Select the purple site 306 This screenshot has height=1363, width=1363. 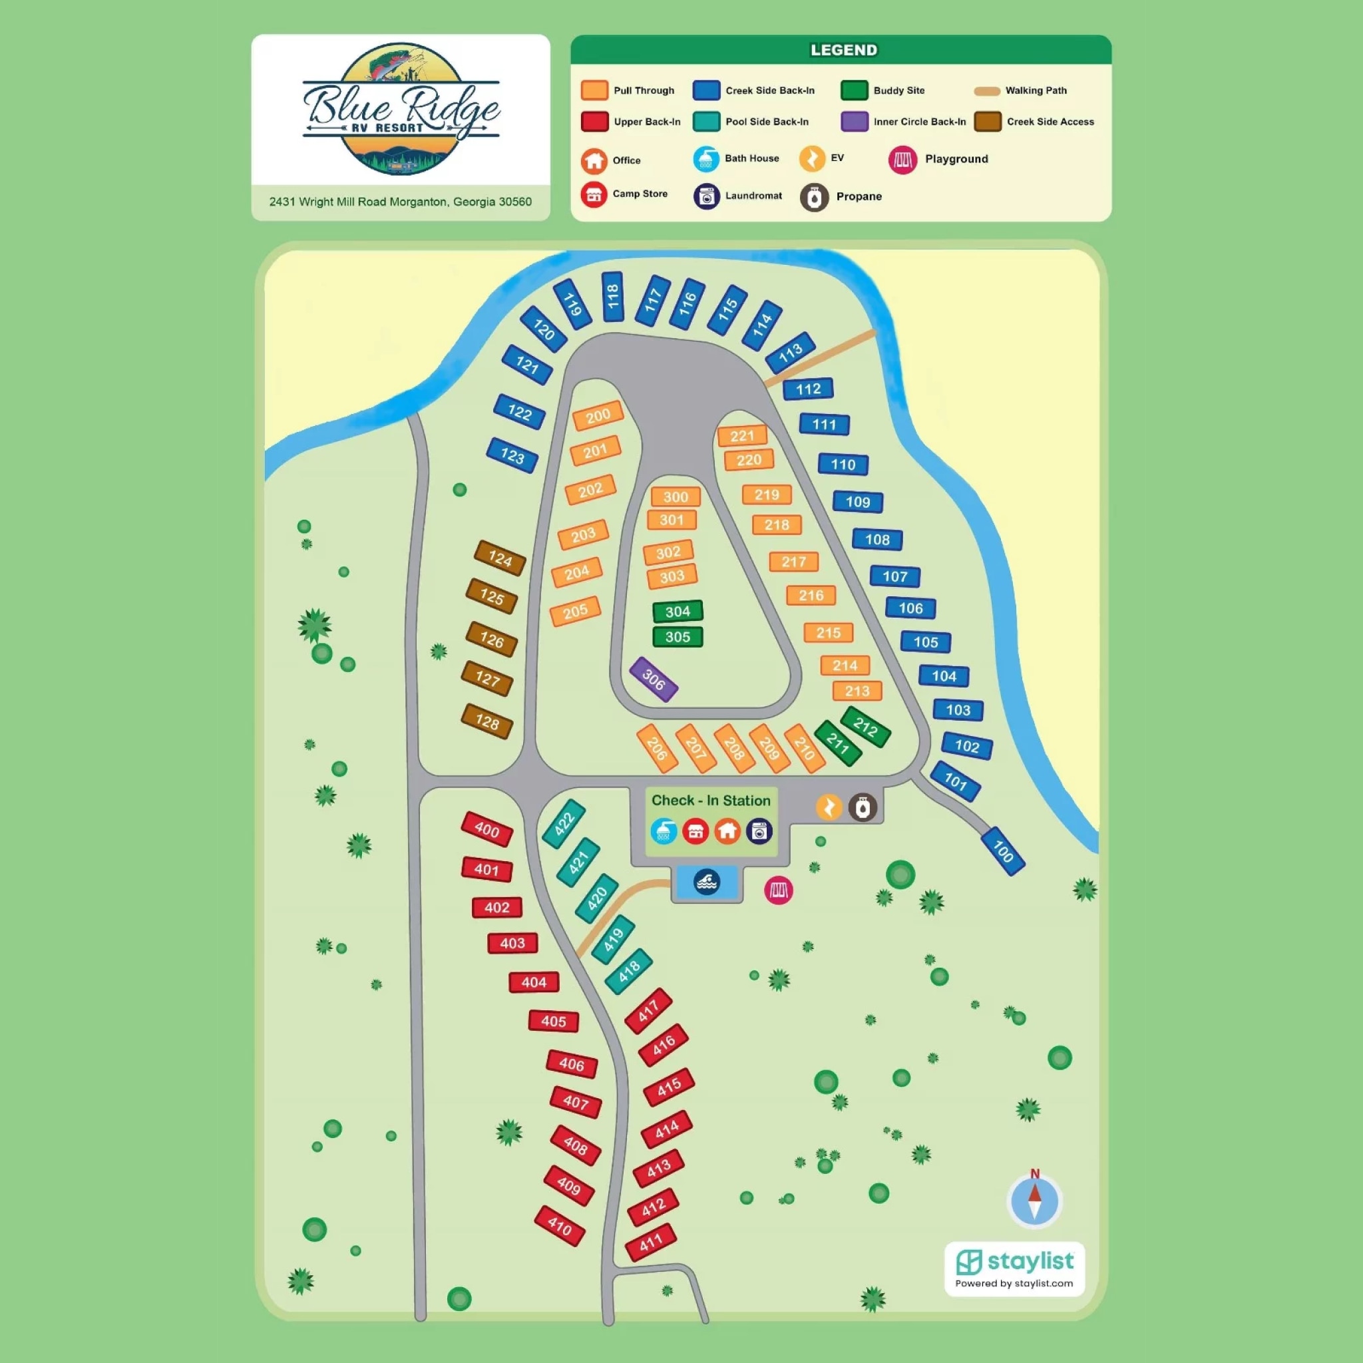(x=654, y=680)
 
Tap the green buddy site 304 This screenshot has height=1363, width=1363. (x=678, y=611)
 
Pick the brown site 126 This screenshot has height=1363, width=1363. (x=492, y=639)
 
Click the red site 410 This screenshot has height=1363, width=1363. (x=560, y=1226)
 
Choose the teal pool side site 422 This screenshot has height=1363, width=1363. (x=564, y=823)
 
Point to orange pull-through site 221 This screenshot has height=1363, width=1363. (x=742, y=436)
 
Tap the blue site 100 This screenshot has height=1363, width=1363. (x=1002, y=851)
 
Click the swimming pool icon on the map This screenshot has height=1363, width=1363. (x=707, y=882)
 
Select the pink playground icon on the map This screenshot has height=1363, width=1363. (x=778, y=890)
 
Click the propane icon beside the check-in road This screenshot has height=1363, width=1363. (x=862, y=807)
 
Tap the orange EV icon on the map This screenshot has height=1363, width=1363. (x=829, y=807)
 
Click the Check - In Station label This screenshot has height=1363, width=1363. (x=710, y=800)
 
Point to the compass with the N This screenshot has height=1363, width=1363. (x=1034, y=1201)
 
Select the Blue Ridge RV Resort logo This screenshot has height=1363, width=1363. (x=401, y=109)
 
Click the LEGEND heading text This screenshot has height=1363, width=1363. (x=843, y=50)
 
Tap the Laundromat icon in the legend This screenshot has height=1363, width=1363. (x=706, y=197)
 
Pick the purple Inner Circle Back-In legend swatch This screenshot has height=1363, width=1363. (x=854, y=121)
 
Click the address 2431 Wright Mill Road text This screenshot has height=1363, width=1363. (x=400, y=202)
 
